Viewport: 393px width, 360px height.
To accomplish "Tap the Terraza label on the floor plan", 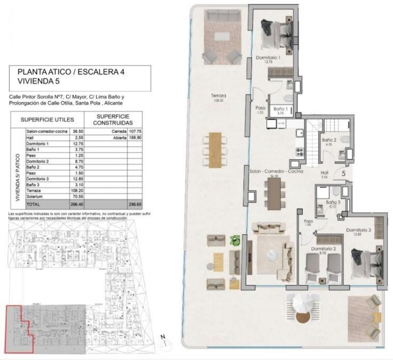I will [219, 96].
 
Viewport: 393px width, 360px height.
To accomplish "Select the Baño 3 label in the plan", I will [333, 202].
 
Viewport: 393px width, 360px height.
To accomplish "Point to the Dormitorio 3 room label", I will [358, 230].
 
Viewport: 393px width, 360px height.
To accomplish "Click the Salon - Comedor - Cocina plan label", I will [275, 172].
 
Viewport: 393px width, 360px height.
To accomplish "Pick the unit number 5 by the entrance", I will [343, 173].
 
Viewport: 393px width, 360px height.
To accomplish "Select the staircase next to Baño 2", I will [313, 140].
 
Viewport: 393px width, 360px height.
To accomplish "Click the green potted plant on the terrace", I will [235, 240].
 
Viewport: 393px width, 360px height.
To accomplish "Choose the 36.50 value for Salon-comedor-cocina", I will [78, 132].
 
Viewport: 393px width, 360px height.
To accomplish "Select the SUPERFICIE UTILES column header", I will [47, 120].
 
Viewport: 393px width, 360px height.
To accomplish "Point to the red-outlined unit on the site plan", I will [20, 327].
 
